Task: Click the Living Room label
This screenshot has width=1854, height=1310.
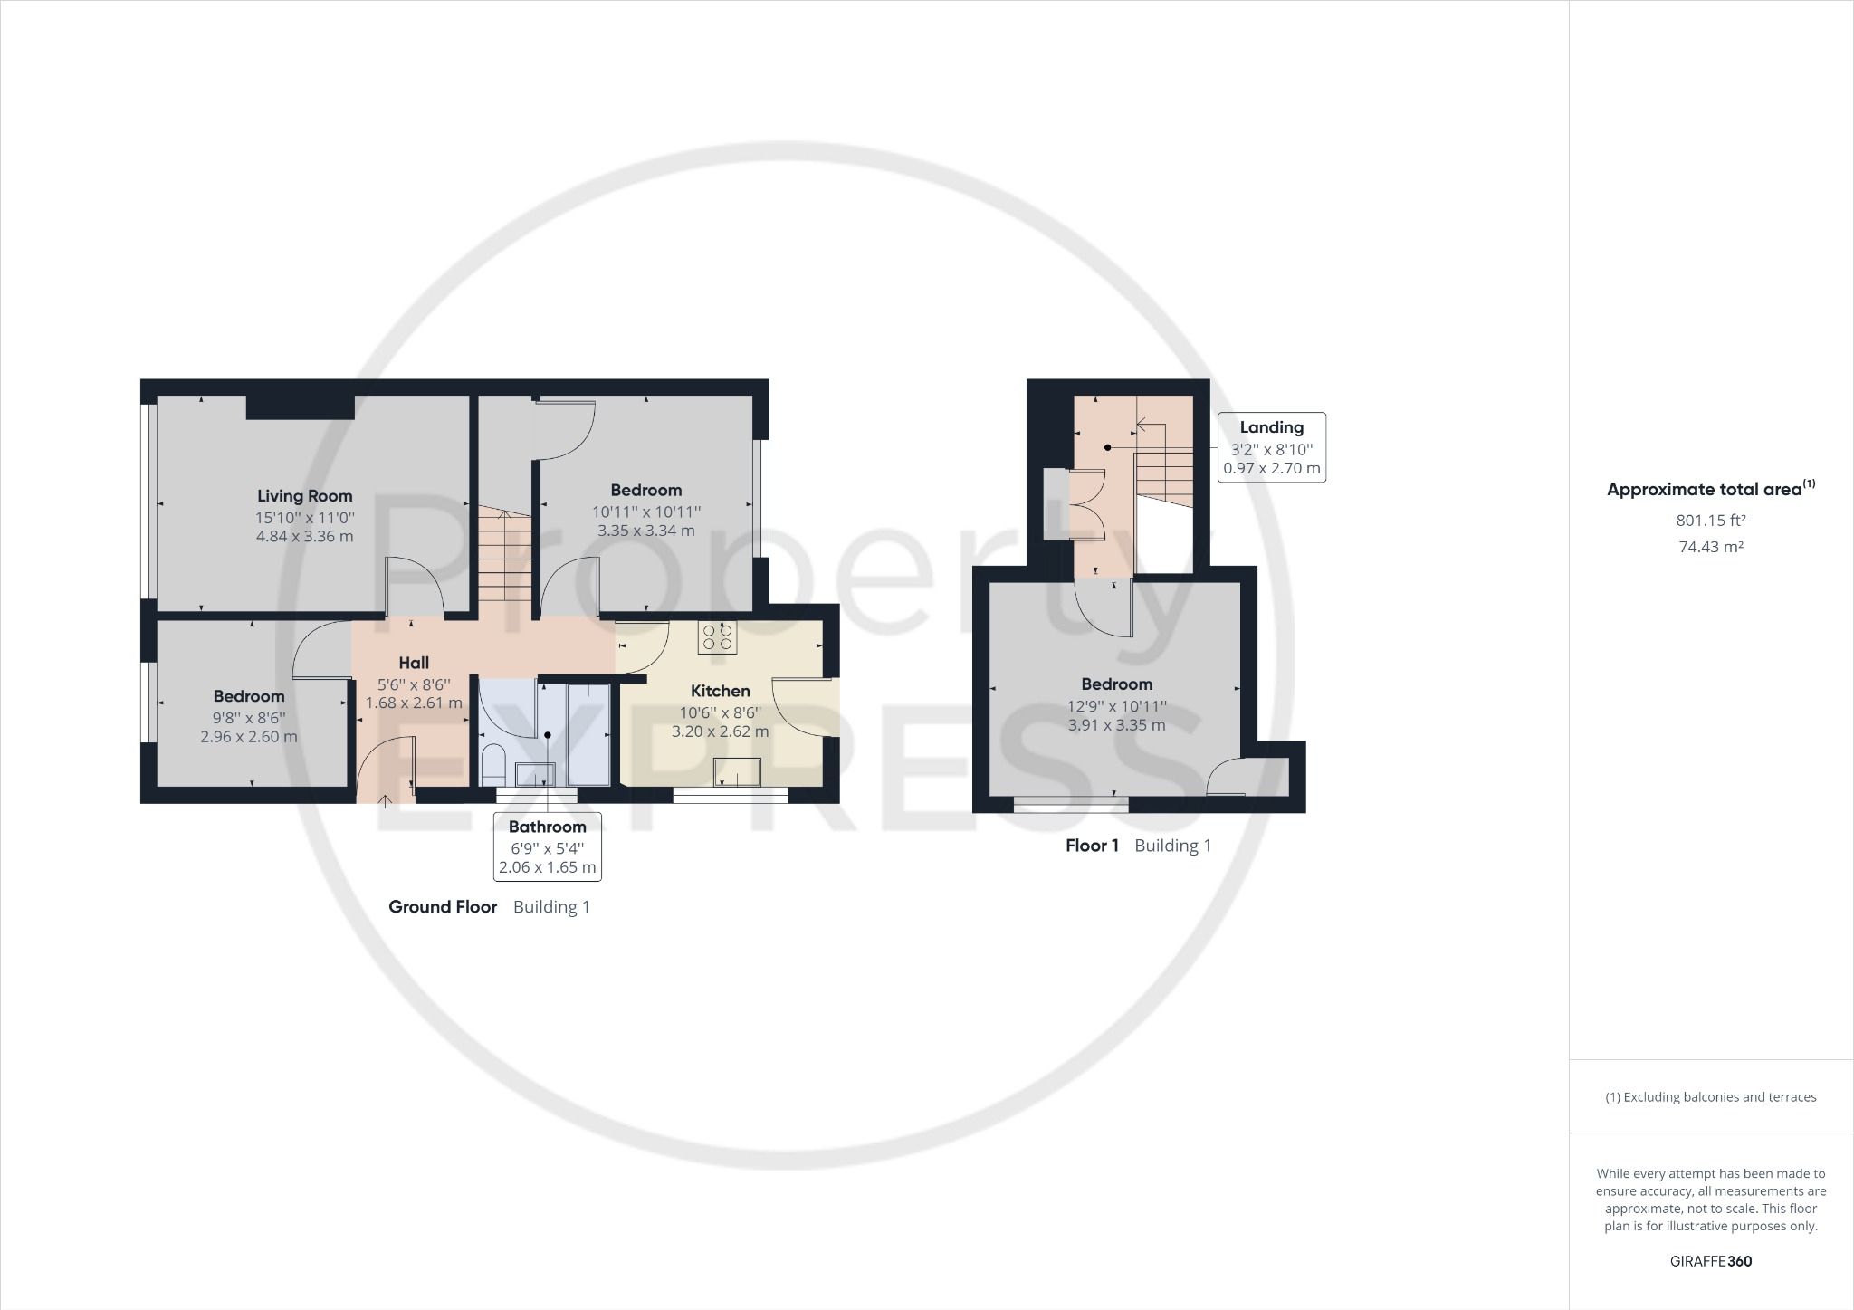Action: tap(304, 496)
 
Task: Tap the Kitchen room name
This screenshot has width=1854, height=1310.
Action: tap(720, 691)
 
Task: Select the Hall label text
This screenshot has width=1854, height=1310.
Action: tap(414, 663)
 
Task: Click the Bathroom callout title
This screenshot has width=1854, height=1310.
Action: tap(547, 827)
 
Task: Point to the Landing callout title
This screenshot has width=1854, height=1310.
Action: tap(1271, 427)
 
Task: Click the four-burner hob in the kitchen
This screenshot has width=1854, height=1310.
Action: tap(717, 636)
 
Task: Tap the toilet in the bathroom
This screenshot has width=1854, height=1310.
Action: tap(493, 764)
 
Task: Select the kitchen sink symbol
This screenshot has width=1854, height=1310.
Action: tap(737, 771)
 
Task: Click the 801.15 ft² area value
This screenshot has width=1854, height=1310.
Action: tap(1710, 521)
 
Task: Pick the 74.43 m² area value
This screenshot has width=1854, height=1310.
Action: tap(1710, 547)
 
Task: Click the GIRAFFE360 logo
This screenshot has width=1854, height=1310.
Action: tap(1710, 1261)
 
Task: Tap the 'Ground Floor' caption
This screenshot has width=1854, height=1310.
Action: tap(443, 907)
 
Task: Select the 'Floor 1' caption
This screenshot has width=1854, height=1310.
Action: tap(1092, 846)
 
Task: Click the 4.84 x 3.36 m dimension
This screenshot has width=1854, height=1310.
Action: tap(304, 536)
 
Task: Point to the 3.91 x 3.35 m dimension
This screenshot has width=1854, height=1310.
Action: tap(1116, 725)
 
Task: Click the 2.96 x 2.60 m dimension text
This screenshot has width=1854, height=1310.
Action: tap(249, 737)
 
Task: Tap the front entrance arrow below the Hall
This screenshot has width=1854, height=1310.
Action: tap(385, 800)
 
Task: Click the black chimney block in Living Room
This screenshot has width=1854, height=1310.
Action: tap(300, 406)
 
